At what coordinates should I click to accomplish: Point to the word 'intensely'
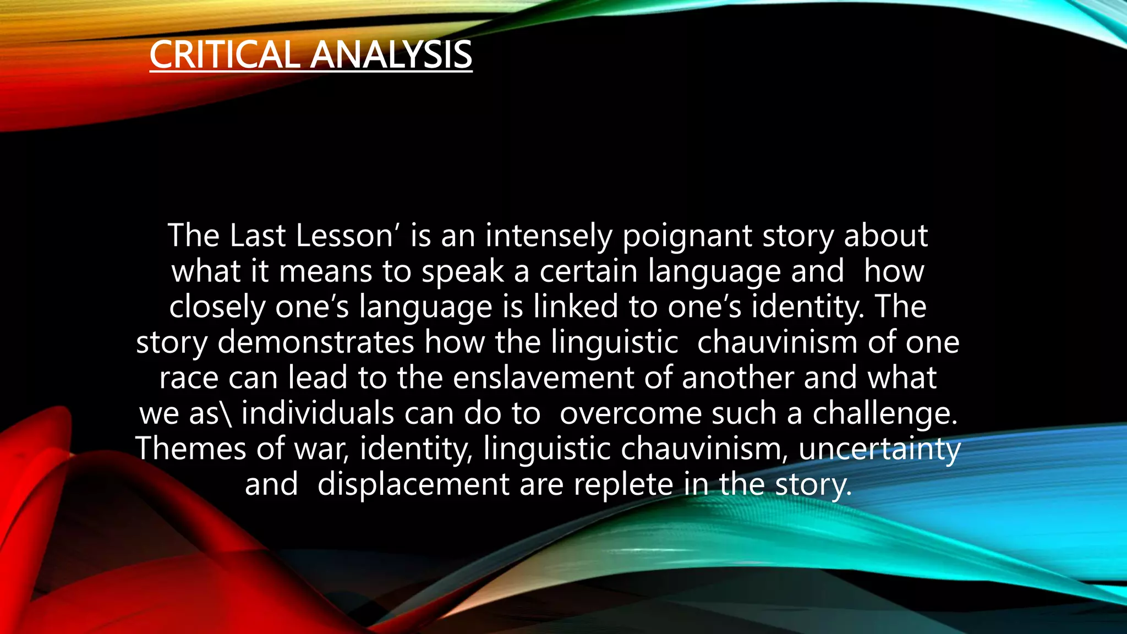(x=548, y=237)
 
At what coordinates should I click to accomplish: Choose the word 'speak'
(x=462, y=272)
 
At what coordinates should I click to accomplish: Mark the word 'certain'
(x=588, y=271)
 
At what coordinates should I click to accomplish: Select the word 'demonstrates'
(x=315, y=342)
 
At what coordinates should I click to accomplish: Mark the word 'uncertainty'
(x=879, y=449)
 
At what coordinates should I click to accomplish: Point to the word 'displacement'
(x=413, y=484)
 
